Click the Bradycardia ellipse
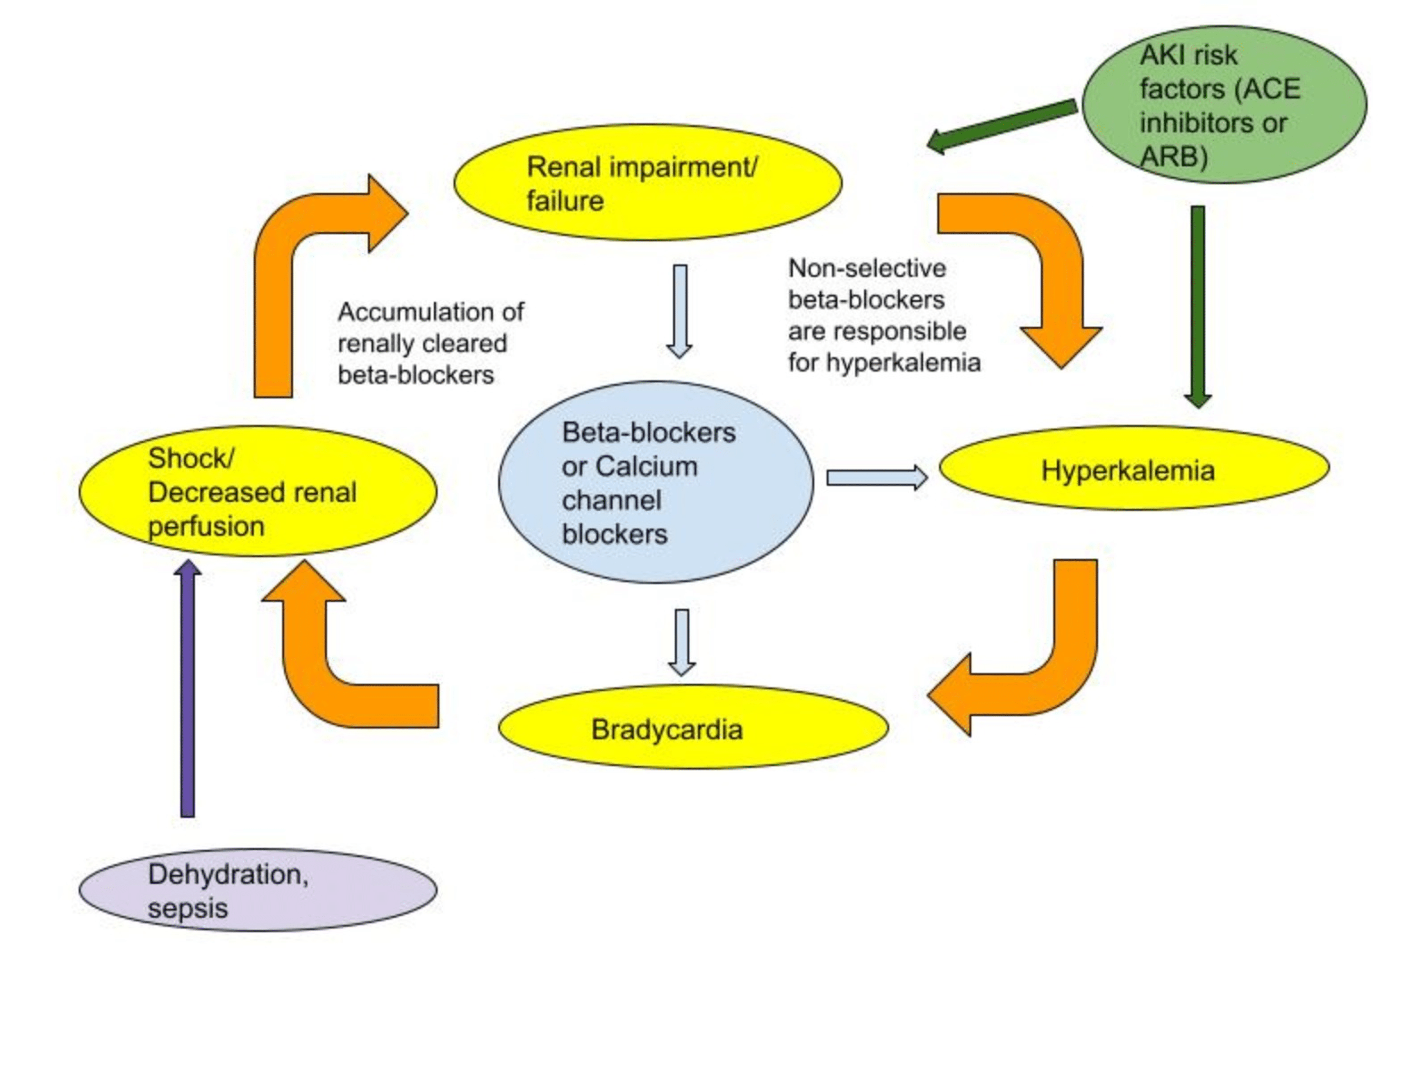click(x=693, y=727)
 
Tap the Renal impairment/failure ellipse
click(x=647, y=183)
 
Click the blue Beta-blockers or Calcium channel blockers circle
click(x=655, y=482)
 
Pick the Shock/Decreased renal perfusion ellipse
click(x=258, y=491)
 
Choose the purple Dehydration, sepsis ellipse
click(x=258, y=890)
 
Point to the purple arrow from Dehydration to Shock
click(x=187, y=691)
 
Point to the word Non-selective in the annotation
click(x=866, y=268)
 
